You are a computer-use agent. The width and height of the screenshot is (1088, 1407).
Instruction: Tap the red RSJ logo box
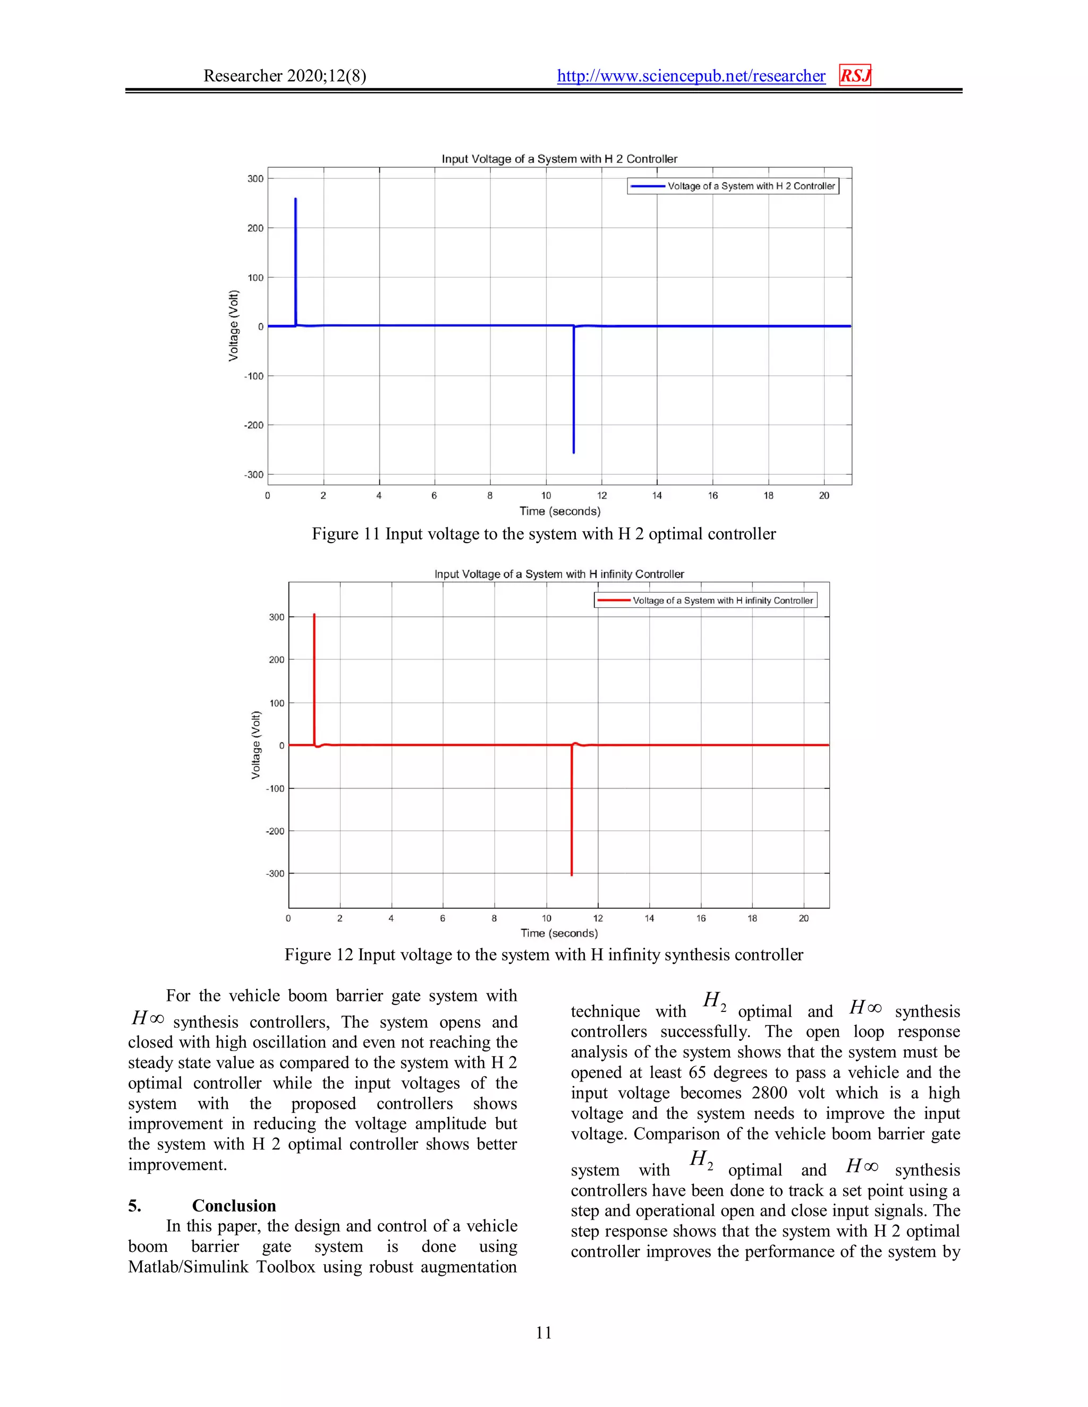coord(855,75)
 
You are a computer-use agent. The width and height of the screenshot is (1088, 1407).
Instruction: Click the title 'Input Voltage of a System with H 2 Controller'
coord(559,158)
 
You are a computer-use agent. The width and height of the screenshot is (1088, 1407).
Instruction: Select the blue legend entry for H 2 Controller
coord(733,186)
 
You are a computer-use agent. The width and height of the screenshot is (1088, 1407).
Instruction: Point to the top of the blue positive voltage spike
coord(296,199)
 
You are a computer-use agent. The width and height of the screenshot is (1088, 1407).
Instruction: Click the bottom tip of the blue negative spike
coord(574,452)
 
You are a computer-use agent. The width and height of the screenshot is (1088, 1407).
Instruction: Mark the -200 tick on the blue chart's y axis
coord(254,425)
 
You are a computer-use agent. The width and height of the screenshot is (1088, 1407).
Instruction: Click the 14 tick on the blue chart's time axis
coord(657,495)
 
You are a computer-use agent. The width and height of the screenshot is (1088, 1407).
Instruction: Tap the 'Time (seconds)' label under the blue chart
coord(559,511)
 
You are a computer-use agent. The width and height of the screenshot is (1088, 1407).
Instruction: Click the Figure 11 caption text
coord(543,534)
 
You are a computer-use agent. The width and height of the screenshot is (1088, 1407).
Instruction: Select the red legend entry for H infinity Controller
coord(705,600)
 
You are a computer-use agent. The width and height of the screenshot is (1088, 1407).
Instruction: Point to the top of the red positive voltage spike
coord(314,615)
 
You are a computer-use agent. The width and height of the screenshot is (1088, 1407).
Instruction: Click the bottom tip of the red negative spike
coord(572,874)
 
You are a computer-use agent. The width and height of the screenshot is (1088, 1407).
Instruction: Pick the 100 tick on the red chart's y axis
coord(276,703)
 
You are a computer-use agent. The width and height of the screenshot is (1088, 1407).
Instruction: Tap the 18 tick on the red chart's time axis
coord(752,918)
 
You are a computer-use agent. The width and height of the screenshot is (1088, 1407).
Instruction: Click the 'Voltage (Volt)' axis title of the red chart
coord(256,745)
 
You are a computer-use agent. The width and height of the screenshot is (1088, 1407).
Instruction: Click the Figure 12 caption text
coord(543,955)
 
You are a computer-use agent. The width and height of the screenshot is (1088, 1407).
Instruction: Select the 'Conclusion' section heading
coord(233,1205)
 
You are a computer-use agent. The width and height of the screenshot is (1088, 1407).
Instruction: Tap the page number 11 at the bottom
coord(543,1332)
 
